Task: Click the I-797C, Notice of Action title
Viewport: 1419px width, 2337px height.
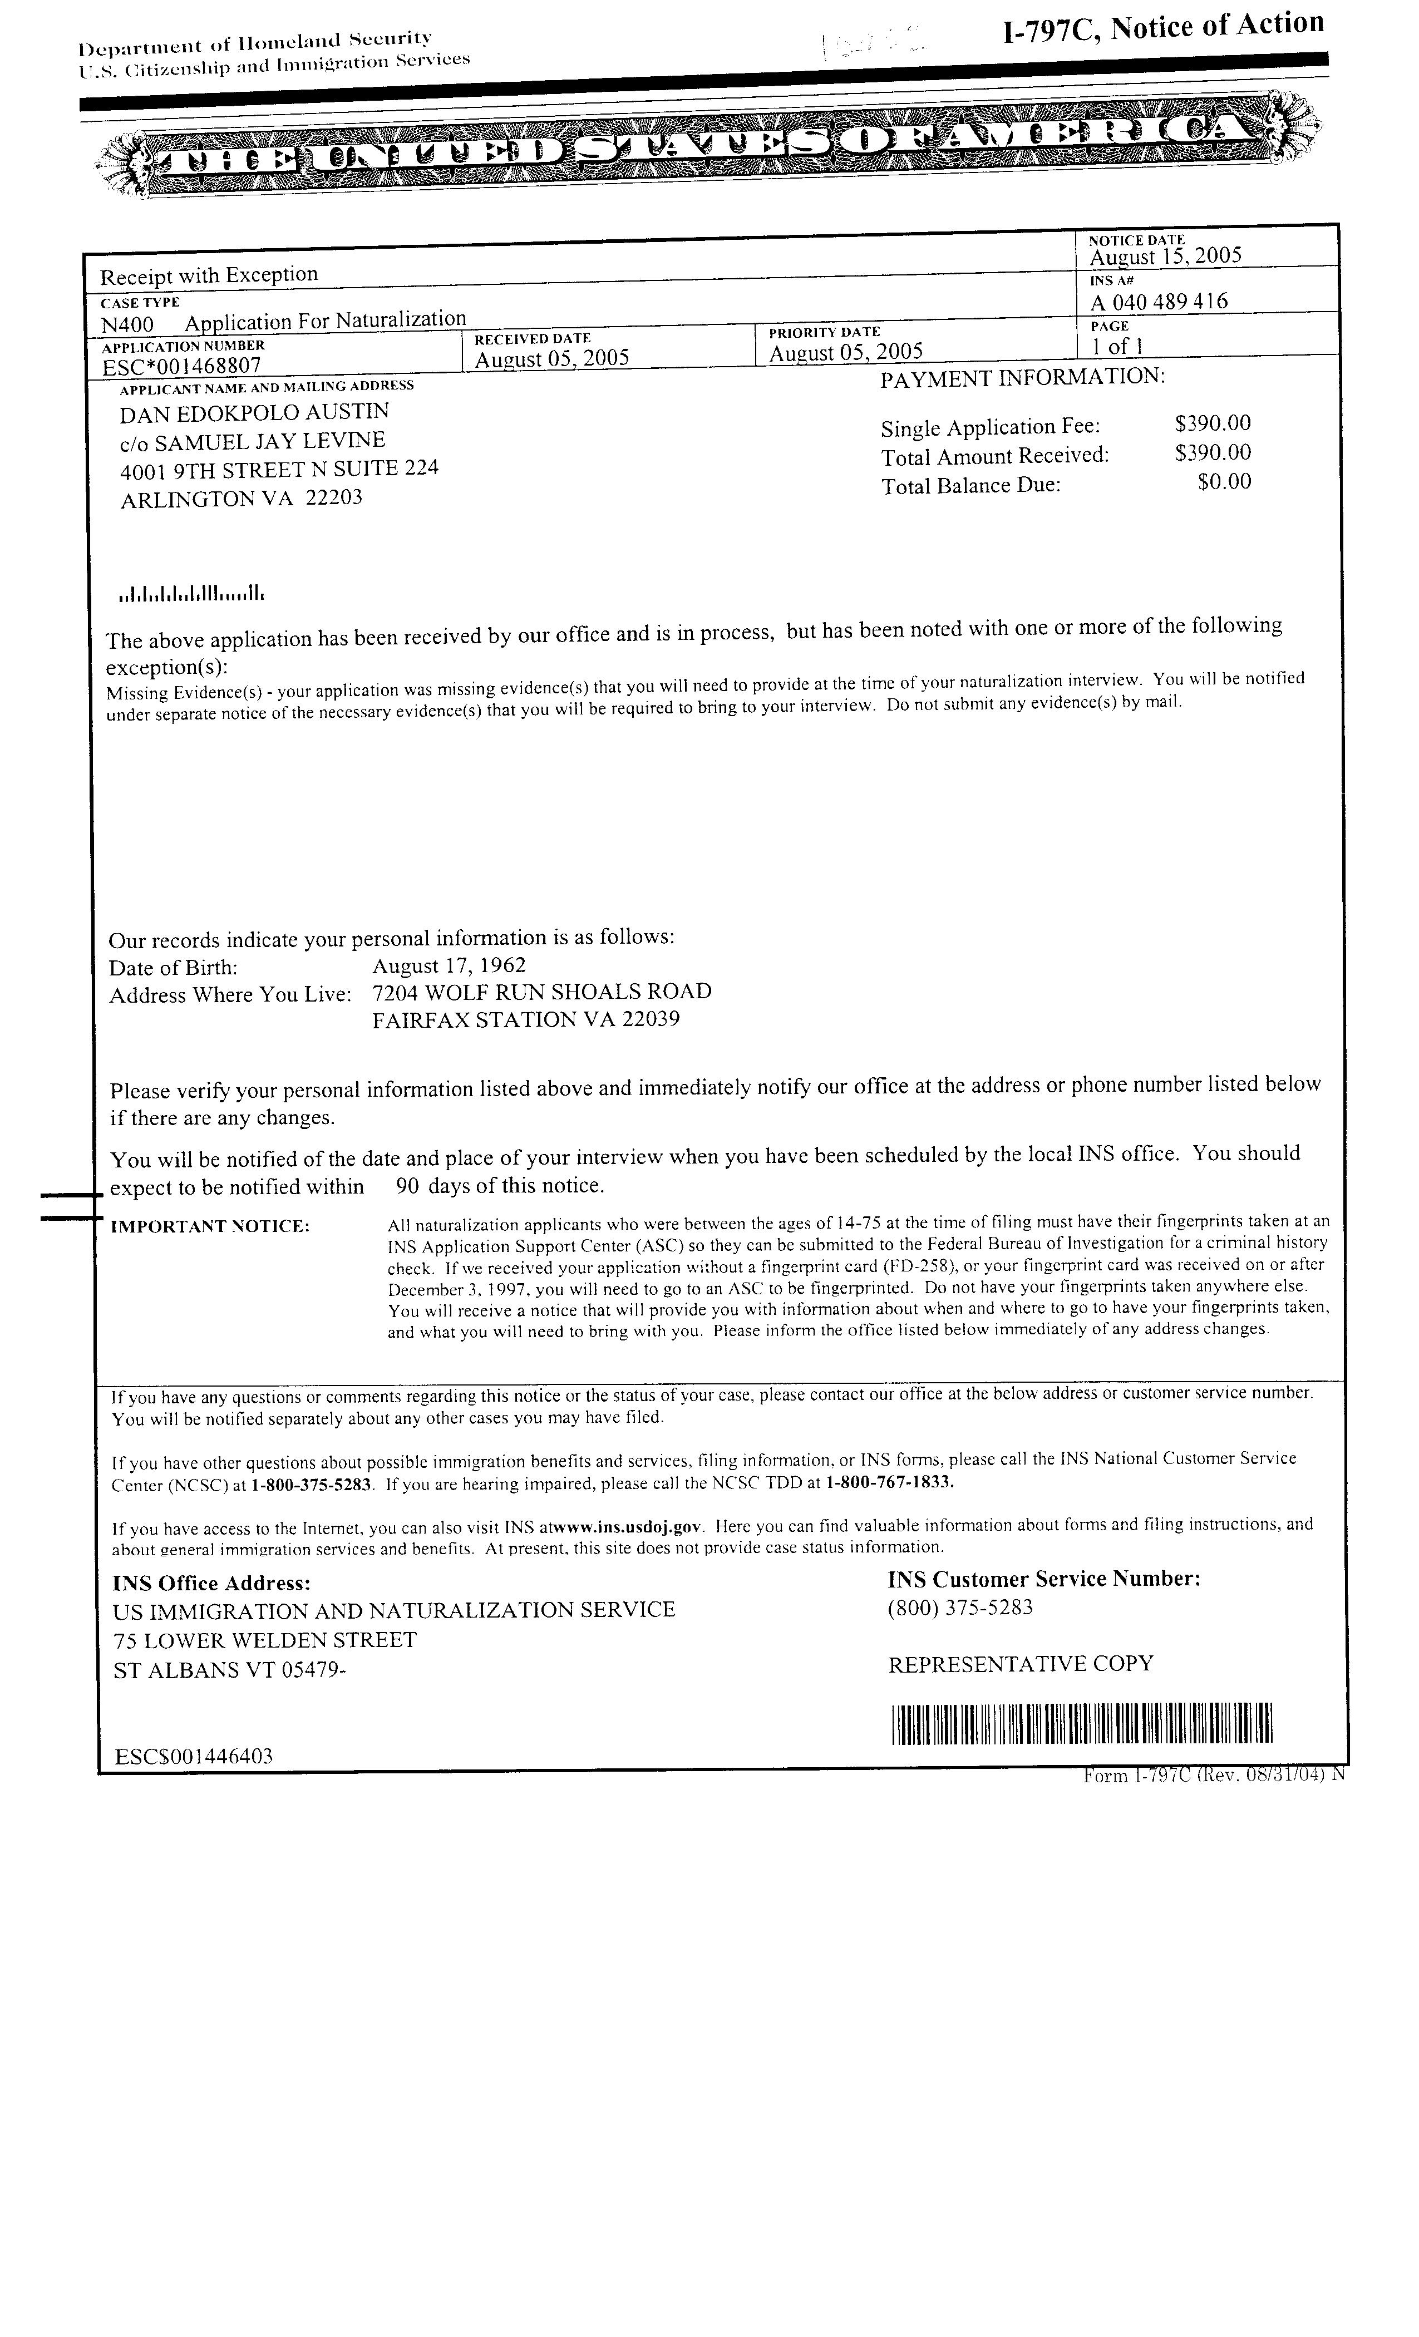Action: coord(1163,27)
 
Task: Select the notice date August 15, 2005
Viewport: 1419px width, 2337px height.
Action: coord(1165,256)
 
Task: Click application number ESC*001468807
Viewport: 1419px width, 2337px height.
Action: coord(181,365)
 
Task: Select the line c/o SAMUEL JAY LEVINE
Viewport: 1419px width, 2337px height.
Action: coord(252,442)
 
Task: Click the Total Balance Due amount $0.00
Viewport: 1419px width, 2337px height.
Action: coord(1224,482)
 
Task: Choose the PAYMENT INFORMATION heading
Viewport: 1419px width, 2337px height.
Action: coord(1022,377)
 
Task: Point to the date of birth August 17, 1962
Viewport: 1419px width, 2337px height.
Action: coord(448,965)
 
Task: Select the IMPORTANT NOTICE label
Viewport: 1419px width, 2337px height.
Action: coord(210,1226)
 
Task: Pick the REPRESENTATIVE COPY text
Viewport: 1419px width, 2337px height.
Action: coord(1021,1664)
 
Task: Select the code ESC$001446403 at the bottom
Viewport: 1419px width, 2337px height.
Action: coord(194,1757)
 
